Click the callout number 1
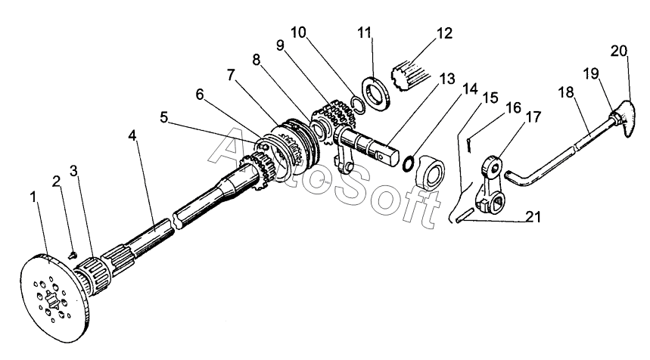coord(33,197)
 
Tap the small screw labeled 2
coord(73,255)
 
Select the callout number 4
coord(132,135)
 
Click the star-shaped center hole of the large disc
coord(51,299)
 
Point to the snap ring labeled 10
coord(358,104)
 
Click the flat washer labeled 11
coord(375,94)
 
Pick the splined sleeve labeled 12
coord(410,76)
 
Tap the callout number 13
coord(447,79)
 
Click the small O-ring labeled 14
coord(408,164)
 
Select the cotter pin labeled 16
coord(468,145)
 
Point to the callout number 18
coord(566,92)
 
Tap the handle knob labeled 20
coord(624,119)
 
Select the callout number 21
coord(533,216)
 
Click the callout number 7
coord(231,75)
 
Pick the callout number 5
coord(163,118)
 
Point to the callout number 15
coord(490,98)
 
